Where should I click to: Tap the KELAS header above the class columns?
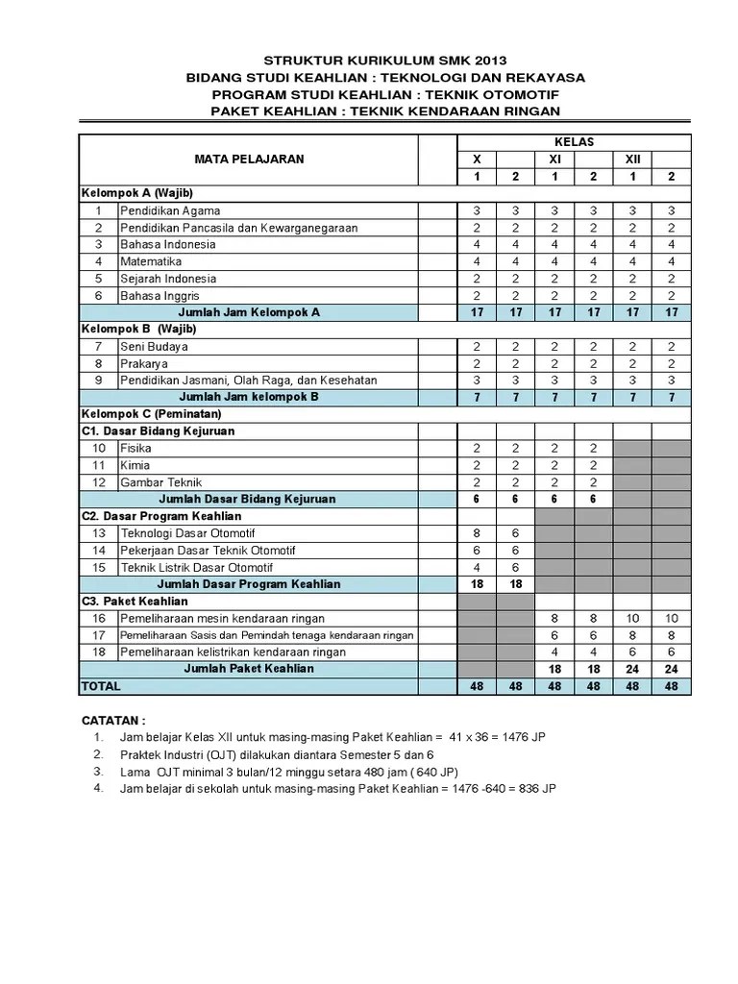click(x=573, y=142)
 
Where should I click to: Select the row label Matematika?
click(x=151, y=261)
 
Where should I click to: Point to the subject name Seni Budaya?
click(x=154, y=346)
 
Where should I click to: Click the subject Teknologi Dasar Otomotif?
click(x=186, y=533)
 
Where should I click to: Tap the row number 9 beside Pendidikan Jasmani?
click(x=98, y=381)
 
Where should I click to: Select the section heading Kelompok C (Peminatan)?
click(x=151, y=414)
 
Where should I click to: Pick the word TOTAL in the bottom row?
click(x=101, y=686)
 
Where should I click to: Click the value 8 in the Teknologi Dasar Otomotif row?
click(x=476, y=533)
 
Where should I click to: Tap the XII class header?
click(x=632, y=160)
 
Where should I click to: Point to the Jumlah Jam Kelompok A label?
click(x=248, y=312)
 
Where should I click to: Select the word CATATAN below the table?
click(x=114, y=720)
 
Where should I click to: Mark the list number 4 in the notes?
click(x=98, y=788)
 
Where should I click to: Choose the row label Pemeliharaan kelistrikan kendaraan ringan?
click(x=233, y=652)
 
